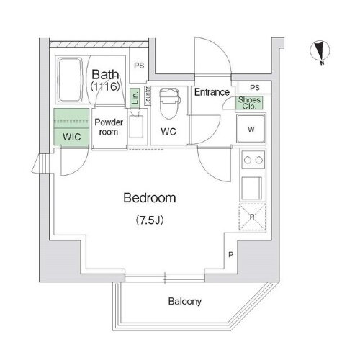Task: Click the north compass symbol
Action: (320, 52)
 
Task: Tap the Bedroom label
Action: (150, 198)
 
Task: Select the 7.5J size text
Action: (150, 220)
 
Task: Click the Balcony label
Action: (184, 302)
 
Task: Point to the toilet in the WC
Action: (169, 104)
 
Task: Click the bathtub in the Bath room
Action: (71, 80)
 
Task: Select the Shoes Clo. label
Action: (249, 103)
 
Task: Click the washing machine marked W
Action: (251, 129)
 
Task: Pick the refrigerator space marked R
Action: (252, 217)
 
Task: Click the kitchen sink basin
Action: (251, 188)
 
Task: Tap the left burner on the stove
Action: (248, 160)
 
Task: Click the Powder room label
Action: (109, 127)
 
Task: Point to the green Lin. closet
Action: (135, 98)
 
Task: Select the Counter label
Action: (148, 96)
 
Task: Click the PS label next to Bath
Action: (139, 66)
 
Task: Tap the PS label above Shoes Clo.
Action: (255, 88)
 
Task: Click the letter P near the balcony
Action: (230, 255)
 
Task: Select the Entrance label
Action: (212, 92)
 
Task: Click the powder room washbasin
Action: (136, 127)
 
